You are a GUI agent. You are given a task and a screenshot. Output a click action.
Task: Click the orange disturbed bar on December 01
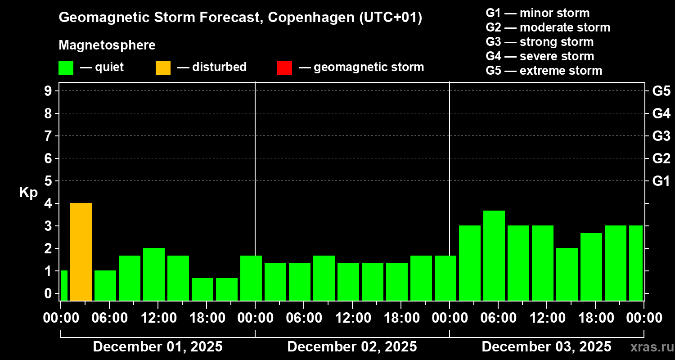pos(81,252)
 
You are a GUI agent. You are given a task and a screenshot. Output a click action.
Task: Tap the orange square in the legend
pos(163,67)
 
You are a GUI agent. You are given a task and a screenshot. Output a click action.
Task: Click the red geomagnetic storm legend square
pos(284,67)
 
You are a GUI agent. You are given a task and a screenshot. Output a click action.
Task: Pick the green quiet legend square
pos(66,67)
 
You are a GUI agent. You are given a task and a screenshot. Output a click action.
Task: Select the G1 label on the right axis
pos(661,181)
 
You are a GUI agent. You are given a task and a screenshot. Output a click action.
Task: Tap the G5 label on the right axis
pos(661,91)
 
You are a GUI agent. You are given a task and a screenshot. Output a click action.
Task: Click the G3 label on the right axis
pos(661,136)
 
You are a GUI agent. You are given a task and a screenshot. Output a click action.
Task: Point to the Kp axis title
pos(28,192)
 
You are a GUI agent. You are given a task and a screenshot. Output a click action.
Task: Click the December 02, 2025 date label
pos(352,347)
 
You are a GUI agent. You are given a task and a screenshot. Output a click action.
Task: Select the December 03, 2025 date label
pos(546,347)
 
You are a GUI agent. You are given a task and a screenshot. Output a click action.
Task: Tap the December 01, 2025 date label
pos(157,347)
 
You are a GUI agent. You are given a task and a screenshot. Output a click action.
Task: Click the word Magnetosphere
pos(107,45)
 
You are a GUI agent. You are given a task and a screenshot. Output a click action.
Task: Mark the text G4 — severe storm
pos(540,56)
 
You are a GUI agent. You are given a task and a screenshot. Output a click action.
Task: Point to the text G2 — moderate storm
pos(548,27)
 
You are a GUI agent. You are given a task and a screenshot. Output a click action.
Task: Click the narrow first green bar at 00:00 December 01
pos(64,285)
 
